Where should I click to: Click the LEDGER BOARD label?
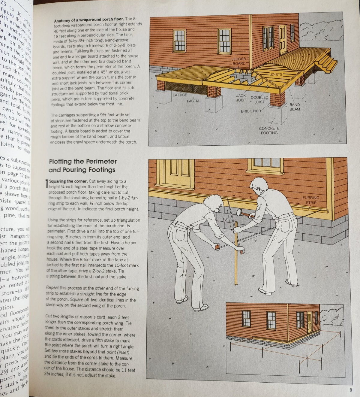pyautogui.click(x=239, y=61)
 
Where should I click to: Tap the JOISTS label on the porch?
pyautogui.click(x=276, y=74)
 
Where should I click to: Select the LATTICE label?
pyautogui.click(x=180, y=95)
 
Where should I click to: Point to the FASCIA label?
pyautogui.click(x=193, y=101)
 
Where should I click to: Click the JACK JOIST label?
pyautogui.click(x=241, y=98)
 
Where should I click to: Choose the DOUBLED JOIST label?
pyautogui.click(x=259, y=100)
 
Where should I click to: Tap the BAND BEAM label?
pyautogui.click(x=295, y=107)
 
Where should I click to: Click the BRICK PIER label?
pyautogui.click(x=251, y=111)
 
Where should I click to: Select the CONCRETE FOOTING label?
pyautogui.click(x=269, y=130)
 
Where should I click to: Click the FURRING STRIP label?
pyautogui.click(x=310, y=200)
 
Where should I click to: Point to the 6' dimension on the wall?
pyautogui.click(x=251, y=197)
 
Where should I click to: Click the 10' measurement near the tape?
pyautogui.click(x=225, y=219)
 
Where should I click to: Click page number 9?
pyautogui.click(x=350, y=390)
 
